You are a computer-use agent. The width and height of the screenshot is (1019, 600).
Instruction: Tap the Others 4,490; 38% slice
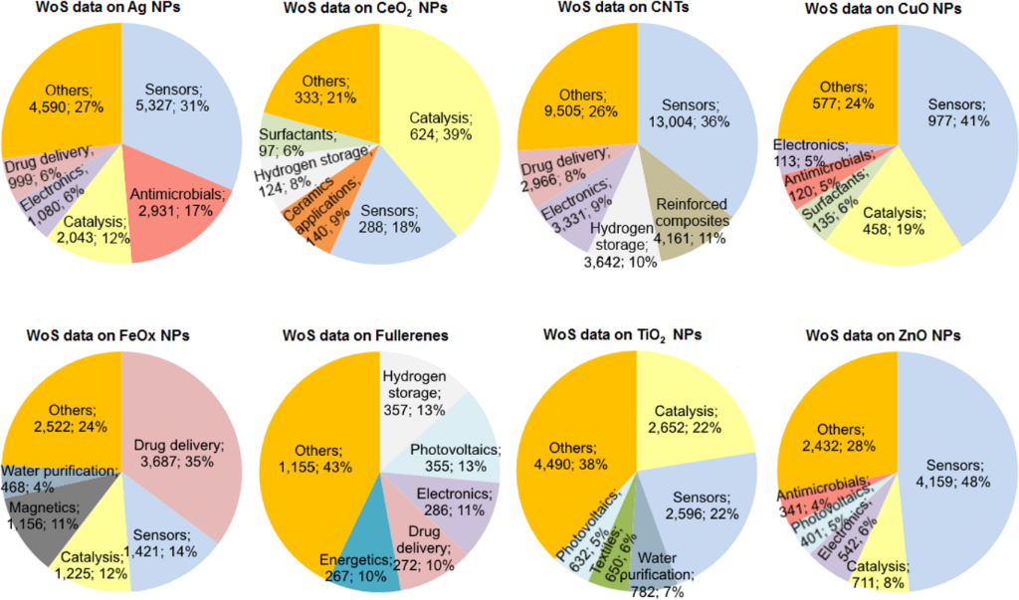(577, 438)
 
